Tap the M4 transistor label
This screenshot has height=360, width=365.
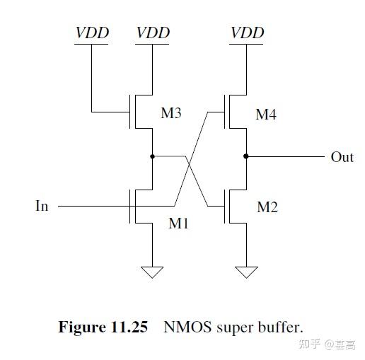click(x=265, y=114)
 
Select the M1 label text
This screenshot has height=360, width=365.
click(x=180, y=223)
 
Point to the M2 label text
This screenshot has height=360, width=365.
click(x=267, y=207)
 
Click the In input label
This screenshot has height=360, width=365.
click(x=42, y=207)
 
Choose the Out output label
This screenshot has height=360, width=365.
click(x=342, y=157)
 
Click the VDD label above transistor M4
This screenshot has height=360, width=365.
click(x=247, y=33)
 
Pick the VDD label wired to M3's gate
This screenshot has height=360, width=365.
click(x=91, y=33)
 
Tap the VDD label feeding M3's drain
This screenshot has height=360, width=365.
click(x=153, y=33)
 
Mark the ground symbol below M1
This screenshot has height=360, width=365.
click(x=153, y=272)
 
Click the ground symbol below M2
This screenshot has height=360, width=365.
click(x=247, y=272)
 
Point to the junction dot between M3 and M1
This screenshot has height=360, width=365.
click(x=153, y=156)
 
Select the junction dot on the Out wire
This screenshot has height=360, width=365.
click(x=247, y=156)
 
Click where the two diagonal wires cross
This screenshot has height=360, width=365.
click(x=190, y=170)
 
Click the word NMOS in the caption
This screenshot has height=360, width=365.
click(x=185, y=327)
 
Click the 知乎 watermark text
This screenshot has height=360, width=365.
click(x=309, y=344)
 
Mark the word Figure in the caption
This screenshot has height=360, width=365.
click(x=81, y=327)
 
